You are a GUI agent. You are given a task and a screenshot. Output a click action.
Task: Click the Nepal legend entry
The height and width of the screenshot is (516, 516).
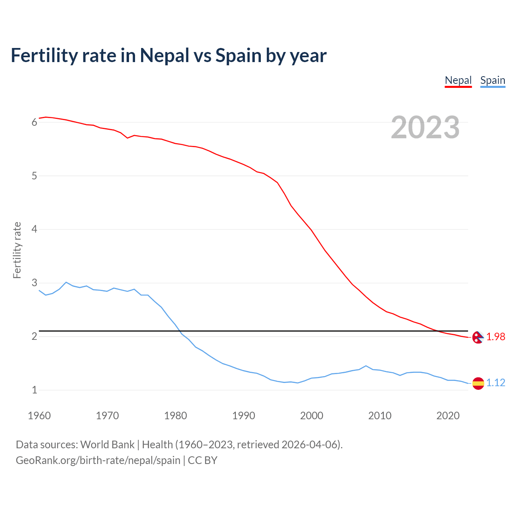tap(458, 80)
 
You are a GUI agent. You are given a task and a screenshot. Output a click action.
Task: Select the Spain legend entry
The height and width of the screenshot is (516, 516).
tap(493, 80)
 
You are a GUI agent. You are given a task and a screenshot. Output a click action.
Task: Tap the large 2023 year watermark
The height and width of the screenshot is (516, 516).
tap(425, 127)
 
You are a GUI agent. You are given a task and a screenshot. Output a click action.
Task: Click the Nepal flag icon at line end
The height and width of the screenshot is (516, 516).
tap(478, 337)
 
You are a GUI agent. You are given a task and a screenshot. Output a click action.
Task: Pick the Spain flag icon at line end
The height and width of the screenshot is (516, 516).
tap(478, 383)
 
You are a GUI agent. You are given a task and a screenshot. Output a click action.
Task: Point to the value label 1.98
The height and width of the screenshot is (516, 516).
tap(495, 337)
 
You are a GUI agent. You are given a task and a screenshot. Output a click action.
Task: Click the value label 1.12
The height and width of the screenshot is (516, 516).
tap(495, 383)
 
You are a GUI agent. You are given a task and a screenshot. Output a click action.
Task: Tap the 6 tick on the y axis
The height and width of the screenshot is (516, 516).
tap(34, 122)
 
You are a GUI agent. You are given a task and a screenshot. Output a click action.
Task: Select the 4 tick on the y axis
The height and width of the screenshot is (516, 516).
tap(34, 229)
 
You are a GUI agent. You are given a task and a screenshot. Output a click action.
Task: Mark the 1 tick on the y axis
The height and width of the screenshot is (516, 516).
tap(34, 390)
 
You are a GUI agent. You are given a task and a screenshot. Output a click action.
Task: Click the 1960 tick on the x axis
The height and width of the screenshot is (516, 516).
tap(39, 416)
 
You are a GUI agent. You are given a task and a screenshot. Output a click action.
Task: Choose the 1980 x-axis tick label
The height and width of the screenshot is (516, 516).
tap(175, 416)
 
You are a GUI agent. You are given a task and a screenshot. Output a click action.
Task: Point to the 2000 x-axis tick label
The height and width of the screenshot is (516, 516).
tap(312, 416)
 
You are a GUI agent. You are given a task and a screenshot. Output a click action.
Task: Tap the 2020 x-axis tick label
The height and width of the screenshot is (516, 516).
tap(448, 416)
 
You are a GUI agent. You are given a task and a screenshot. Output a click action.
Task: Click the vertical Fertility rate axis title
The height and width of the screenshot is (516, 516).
tap(17, 250)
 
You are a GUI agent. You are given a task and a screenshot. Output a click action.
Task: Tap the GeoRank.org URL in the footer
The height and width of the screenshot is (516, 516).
tap(98, 460)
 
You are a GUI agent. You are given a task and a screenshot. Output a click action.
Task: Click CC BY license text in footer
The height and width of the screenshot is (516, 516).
tap(203, 460)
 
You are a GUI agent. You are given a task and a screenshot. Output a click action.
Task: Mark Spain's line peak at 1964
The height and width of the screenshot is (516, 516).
tap(66, 282)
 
